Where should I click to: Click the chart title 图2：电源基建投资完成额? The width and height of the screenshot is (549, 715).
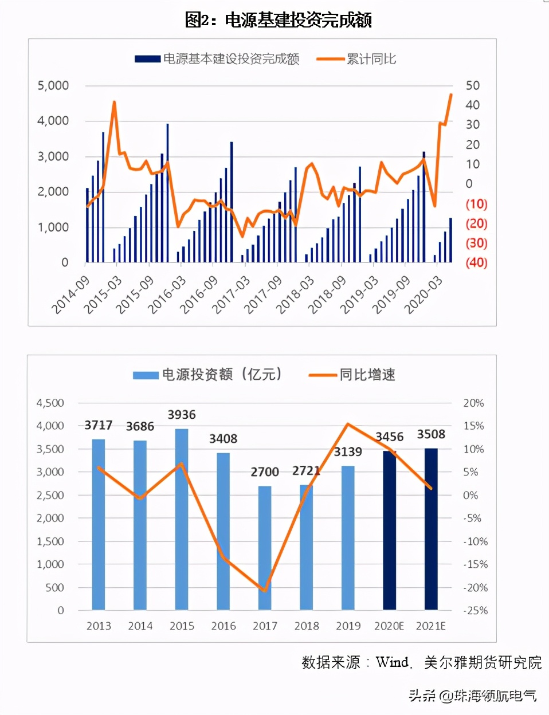point(279,20)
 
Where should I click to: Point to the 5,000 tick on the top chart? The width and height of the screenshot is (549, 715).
point(53,86)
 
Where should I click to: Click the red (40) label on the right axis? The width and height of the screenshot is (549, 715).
point(476,263)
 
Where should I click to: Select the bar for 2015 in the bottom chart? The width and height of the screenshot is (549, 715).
point(182,518)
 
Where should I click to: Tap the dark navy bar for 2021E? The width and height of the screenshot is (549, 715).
point(431,529)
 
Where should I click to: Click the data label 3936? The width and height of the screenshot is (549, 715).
point(182,415)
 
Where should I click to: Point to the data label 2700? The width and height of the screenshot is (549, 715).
point(265,472)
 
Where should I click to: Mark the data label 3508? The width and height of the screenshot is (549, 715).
point(431,434)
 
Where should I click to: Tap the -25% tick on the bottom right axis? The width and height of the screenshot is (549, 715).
point(476,611)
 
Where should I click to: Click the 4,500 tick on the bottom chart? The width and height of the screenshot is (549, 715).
point(50,403)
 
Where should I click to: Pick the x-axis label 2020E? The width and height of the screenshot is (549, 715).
point(389,626)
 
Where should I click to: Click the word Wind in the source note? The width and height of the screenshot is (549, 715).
point(393,663)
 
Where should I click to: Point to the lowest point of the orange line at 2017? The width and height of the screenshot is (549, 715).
point(265,591)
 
